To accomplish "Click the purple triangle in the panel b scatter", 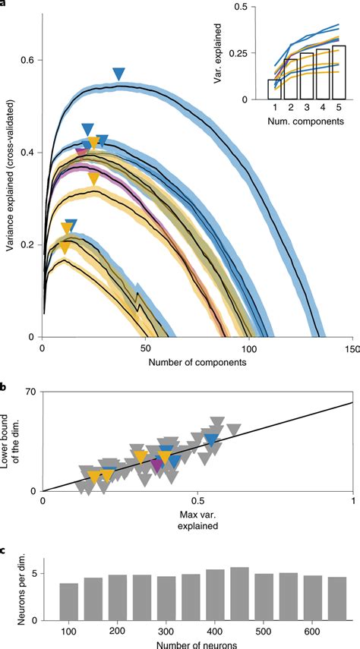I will (157, 465).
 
